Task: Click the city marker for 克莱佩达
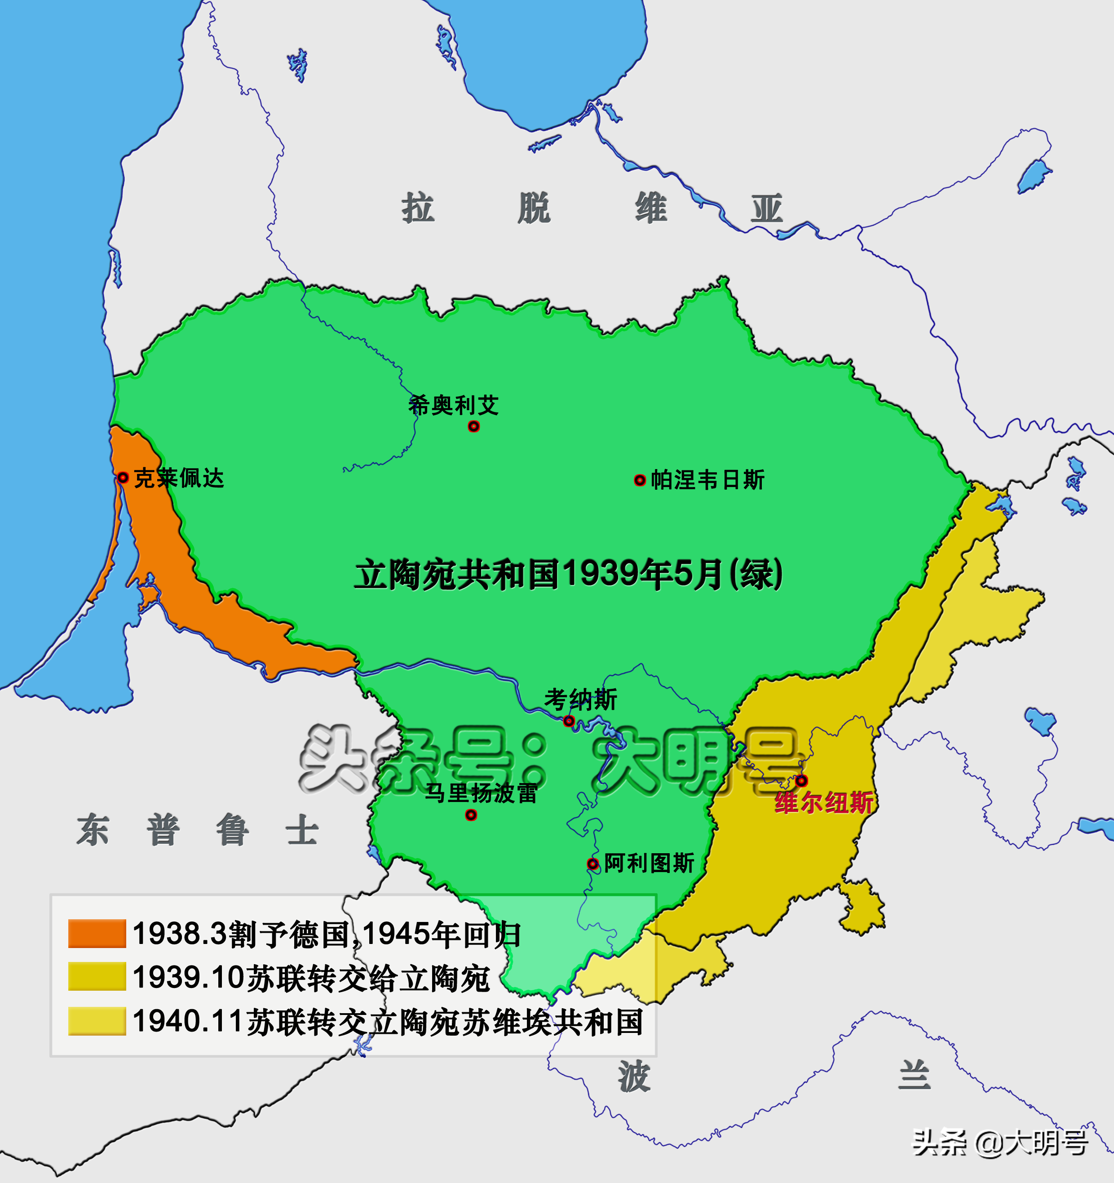pyautogui.click(x=123, y=477)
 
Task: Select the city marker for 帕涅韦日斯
pyautogui.click(x=640, y=480)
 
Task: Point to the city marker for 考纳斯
pyautogui.click(x=569, y=721)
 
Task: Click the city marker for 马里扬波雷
pyautogui.click(x=471, y=815)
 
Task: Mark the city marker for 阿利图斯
pyautogui.click(x=592, y=864)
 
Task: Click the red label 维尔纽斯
pyautogui.click(x=824, y=803)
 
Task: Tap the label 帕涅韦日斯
pyautogui.click(x=707, y=480)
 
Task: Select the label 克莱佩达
pyautogui.click(x=178, y=478)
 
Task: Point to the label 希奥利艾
pyautogui.click(x=453, y=405)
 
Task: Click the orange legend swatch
pyautogui.click(x=97, y=933)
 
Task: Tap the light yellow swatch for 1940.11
pyautogui.click(x=97, y=1021)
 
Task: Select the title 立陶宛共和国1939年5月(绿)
pyautogui.click(x=568, y=574)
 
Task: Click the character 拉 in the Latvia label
pyautogui.click(x=418, y=208)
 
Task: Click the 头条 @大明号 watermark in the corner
pyautogui.click(x=1000, y=1142)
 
